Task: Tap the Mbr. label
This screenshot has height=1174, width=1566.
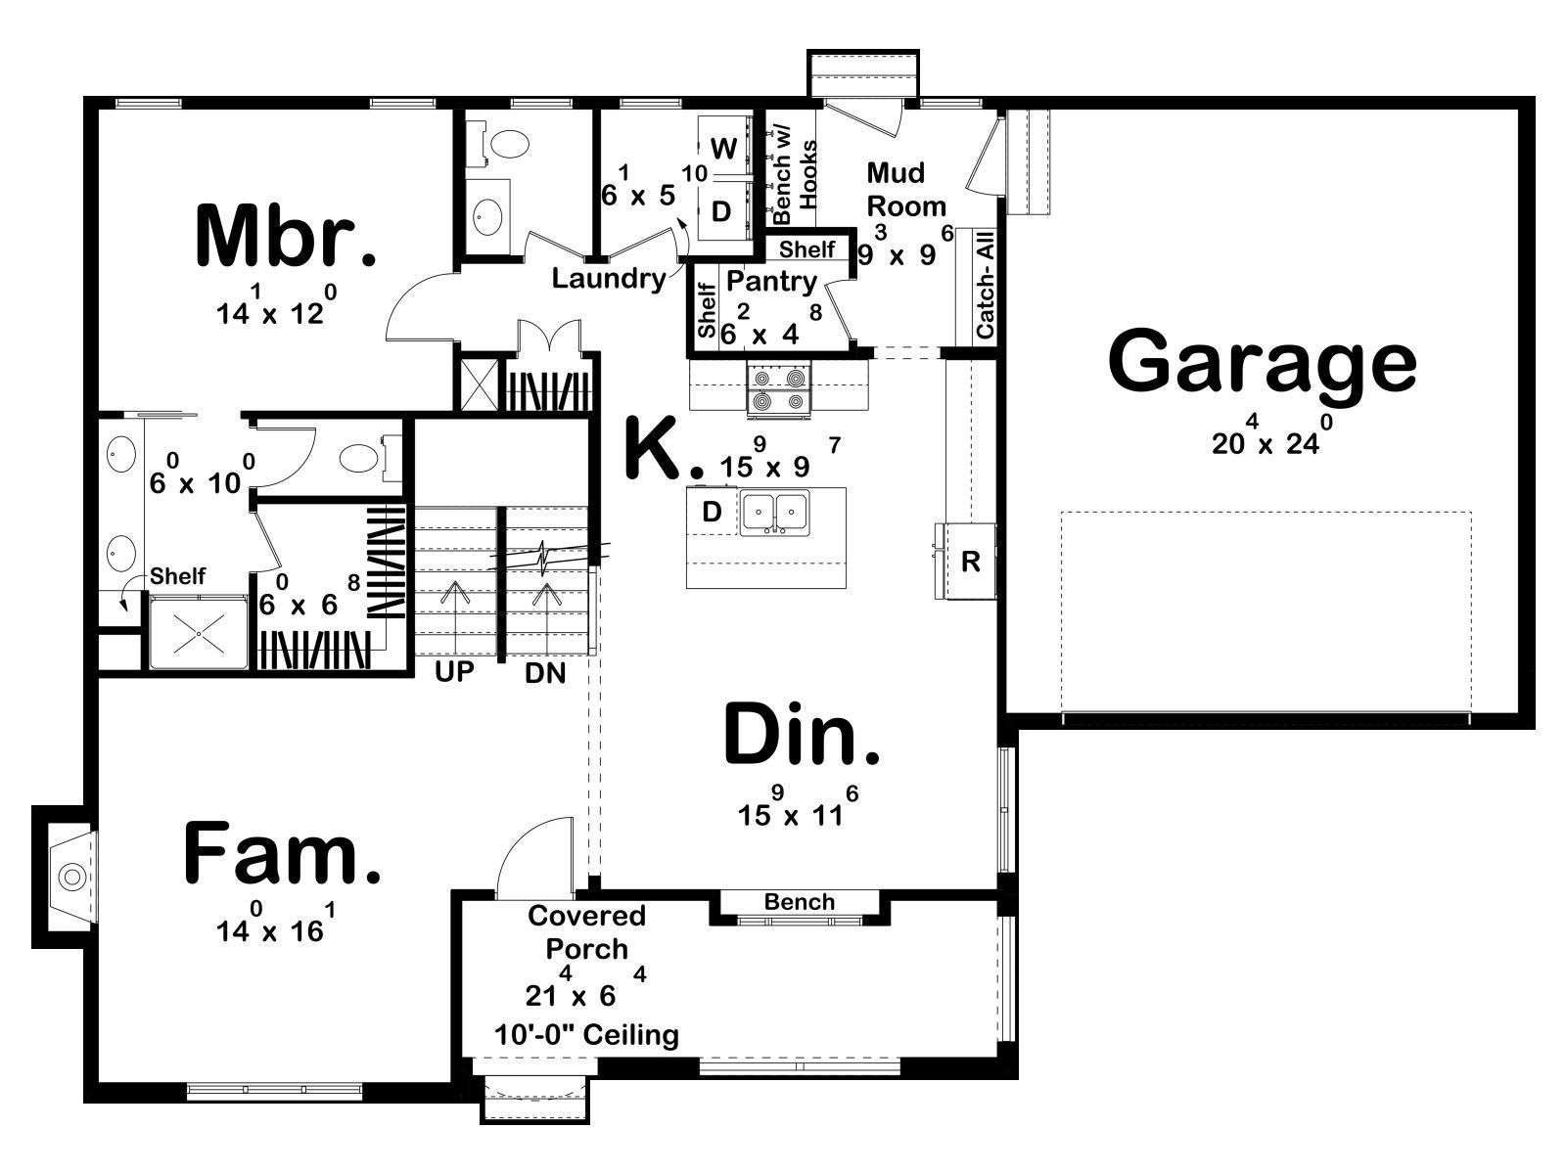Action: (x=286, y=236)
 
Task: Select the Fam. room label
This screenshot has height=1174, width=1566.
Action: (x=283, y=853)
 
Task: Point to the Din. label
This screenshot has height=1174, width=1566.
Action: (x=802, y=734)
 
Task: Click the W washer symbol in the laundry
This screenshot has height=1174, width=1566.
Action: (x=723, y=149)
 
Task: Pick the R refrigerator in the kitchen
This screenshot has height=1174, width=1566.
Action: (x=969, y=562)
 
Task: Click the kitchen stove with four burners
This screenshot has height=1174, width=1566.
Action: (x=778, y=389)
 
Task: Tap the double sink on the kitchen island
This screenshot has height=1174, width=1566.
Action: (x=774, y=512)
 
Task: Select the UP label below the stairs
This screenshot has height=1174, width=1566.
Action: (x=454, y=671)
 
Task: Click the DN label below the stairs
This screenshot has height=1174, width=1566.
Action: (x=545, y=672)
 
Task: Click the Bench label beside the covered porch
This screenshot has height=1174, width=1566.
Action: (x=799, y=902)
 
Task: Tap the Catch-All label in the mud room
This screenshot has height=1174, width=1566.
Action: (x=985, y=285)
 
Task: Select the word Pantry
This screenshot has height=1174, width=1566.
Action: (x=771, y=282)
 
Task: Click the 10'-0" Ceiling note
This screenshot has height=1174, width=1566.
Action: (x=585, y=1034)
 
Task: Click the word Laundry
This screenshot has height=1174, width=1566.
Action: (x=609, y=278)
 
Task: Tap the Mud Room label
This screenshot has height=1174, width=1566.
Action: (x=906, y=189)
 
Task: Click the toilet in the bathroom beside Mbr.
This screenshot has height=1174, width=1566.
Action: (x=508, y=146)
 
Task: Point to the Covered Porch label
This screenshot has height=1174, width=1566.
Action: (x=586, y=931)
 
